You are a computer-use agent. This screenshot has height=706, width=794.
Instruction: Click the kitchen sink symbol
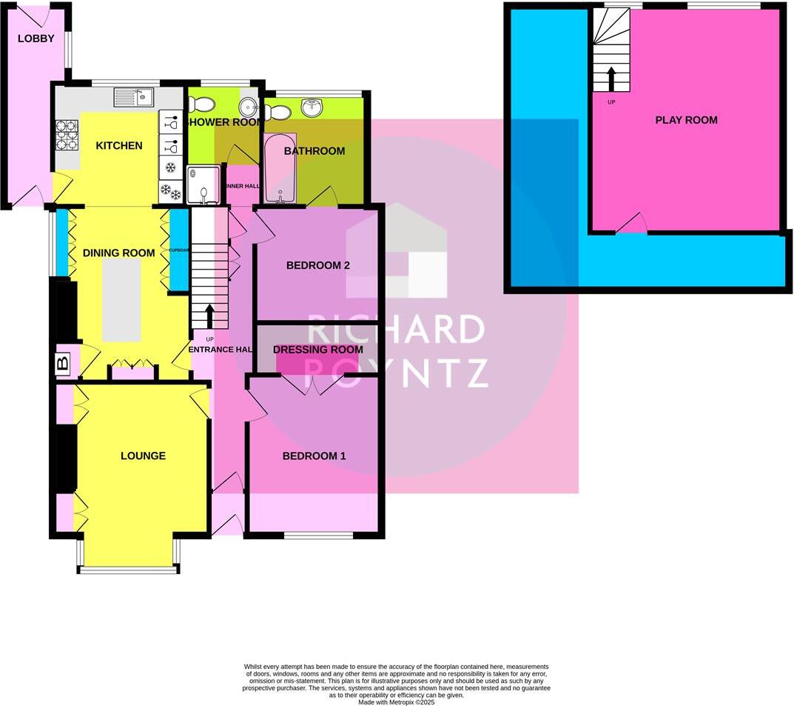[134, 96]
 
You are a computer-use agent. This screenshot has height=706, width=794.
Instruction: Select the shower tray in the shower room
[203, 184]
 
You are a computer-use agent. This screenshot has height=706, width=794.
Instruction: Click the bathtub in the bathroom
[280, 169]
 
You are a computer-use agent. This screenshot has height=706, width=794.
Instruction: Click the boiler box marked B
[63, 363]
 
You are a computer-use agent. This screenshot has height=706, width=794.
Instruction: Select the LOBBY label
[36, 39]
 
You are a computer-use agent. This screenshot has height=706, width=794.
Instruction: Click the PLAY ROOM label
[686, 120]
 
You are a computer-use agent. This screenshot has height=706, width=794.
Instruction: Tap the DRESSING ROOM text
[317, 350]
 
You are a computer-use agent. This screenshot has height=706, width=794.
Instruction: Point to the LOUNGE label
[143, 456]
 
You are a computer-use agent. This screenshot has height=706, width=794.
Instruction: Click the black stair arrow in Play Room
[611, 79]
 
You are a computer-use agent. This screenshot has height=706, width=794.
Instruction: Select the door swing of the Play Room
[632, 224]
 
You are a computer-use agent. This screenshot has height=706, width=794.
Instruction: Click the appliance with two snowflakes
[171, 193]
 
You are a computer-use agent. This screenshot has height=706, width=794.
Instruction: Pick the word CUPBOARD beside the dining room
[179, 250]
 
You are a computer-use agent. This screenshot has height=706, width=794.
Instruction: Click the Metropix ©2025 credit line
[396, 702]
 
